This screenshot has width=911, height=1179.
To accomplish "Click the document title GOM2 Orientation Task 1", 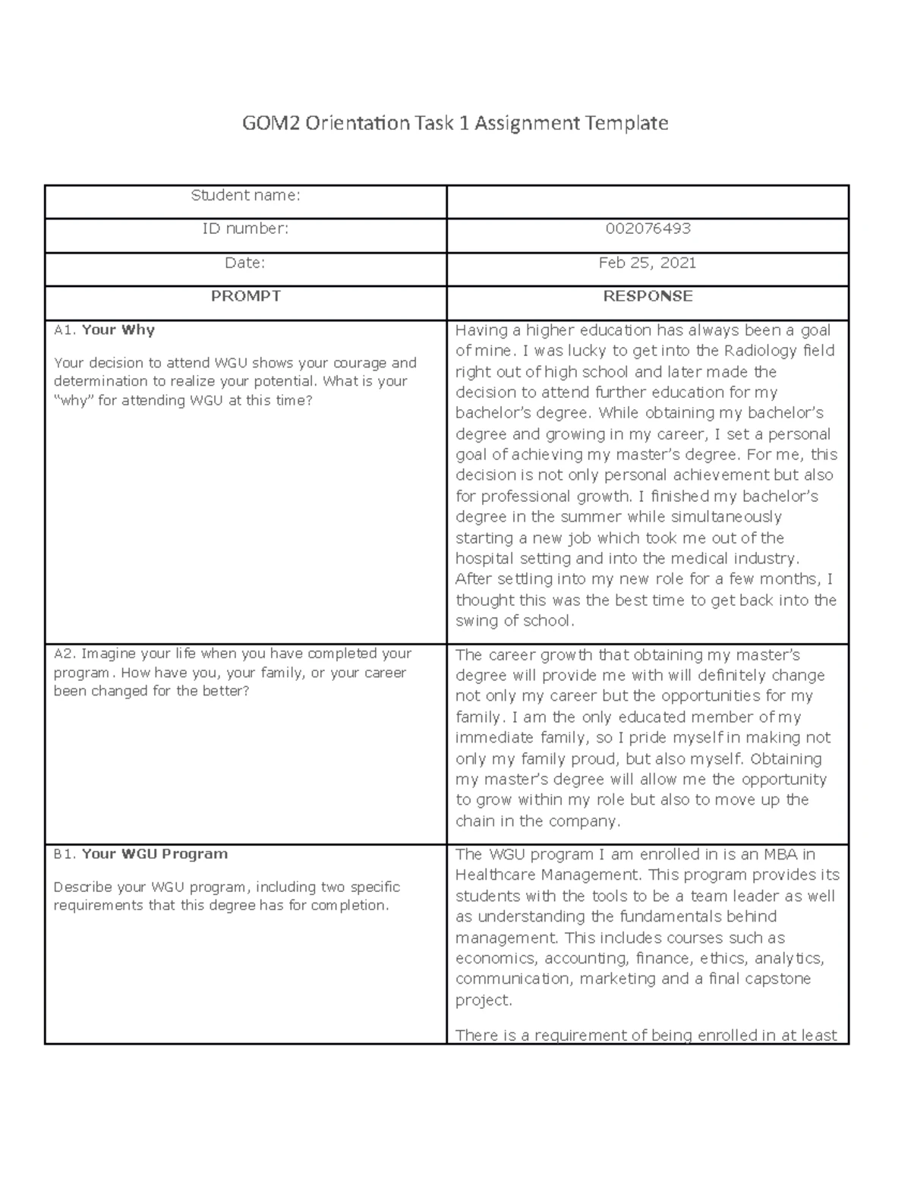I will click(x=455, y=123).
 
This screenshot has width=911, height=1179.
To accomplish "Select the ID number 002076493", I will click(x=648, y=229).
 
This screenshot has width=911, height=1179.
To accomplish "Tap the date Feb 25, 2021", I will click(x=648, y=263).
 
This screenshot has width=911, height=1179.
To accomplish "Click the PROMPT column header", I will click(x=246, y=296).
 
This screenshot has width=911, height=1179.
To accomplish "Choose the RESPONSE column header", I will click(x=648, y=296).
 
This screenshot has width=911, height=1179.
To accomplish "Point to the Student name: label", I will click(x=246, y=196).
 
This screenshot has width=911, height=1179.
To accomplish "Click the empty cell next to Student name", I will click(x=648, y=202).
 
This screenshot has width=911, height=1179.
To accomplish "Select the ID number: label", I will click(x=246, y=229).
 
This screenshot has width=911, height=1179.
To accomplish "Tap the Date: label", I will click(x=246, y=263).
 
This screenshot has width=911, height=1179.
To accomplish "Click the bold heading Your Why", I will click(x=118, y=330).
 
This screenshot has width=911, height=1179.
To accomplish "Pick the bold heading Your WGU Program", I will click(x=154, y=854).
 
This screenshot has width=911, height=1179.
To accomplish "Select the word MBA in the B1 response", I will click(x=778, y=854).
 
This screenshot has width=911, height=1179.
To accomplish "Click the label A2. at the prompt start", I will click(x=65, y=654).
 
